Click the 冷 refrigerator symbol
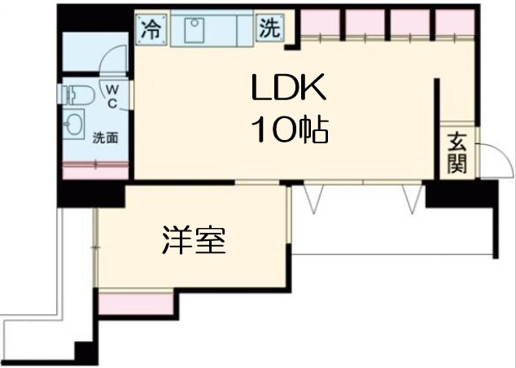tap(151, 30)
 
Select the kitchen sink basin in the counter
tap(196, 30)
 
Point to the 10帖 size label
tap(289, 129)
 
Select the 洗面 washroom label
tap(105, 138)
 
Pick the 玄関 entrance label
tap(457, 153)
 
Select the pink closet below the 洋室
tap(136, 302)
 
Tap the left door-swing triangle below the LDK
tap(313, 197)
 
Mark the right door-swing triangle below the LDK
tap(412, 197)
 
